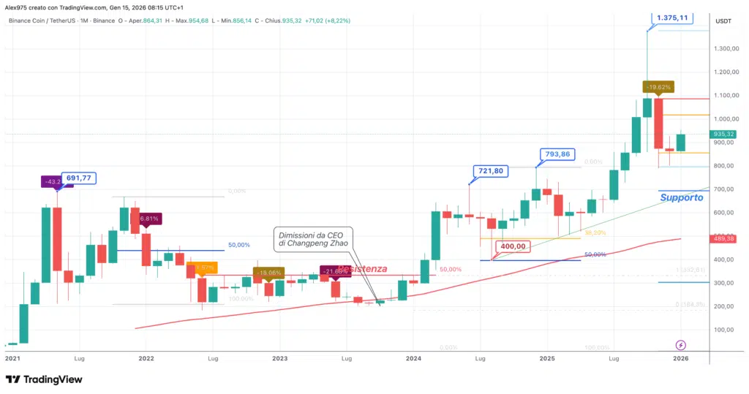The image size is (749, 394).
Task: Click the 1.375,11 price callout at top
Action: click(x=672, y=18)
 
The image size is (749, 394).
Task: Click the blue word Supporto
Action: click(x=681, y=197)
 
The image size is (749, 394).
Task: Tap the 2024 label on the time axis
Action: click(x=413, y=359)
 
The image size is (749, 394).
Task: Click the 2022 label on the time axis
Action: click(x=146, y=359)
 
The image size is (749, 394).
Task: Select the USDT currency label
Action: click(x=723, y=21)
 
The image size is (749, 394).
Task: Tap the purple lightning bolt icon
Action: click(x=682, y=345)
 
